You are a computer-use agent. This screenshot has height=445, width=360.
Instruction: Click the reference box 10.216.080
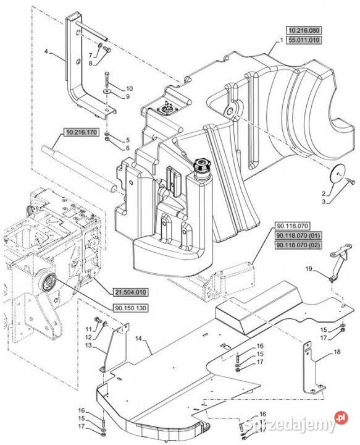pos(304,31)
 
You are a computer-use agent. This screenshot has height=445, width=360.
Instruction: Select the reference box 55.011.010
pos(304,40)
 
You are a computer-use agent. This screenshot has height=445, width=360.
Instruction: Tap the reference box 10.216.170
pos(82,132)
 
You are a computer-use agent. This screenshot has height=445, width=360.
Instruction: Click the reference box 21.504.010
pos(131,292)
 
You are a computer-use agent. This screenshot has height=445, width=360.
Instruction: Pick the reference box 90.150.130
pos(131,308)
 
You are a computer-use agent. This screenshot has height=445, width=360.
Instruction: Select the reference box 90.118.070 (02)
pos(298,245)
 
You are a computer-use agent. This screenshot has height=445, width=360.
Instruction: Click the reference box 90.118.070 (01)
pos(298,235)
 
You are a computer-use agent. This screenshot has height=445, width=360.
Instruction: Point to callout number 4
pos(46,51)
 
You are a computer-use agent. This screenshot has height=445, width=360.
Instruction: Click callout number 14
pos(138,338)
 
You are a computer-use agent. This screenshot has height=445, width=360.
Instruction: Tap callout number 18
pos(337,352)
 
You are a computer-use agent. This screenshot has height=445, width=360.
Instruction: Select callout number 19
pos(309,268)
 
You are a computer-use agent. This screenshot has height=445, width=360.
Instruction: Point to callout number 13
pos(89,345)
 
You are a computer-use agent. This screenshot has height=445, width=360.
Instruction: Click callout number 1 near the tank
pos(282,40)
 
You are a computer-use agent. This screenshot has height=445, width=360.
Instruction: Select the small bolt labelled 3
pos(351,182)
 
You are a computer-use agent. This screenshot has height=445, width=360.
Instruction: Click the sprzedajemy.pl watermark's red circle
pos(341,418)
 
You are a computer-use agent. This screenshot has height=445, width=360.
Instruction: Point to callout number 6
pos(128,148)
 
